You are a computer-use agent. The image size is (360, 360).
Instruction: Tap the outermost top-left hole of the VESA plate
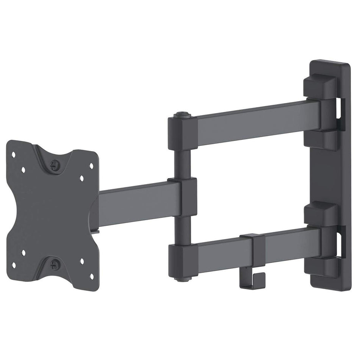pos(14,155)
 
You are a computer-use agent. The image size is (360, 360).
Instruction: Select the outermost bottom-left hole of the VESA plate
pos(14,265)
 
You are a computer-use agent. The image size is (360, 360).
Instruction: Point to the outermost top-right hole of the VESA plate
pos(91,165)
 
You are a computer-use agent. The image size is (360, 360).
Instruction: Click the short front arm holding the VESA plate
pos(133,203)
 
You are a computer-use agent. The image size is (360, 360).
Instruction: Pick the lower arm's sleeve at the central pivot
pos(182,258)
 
